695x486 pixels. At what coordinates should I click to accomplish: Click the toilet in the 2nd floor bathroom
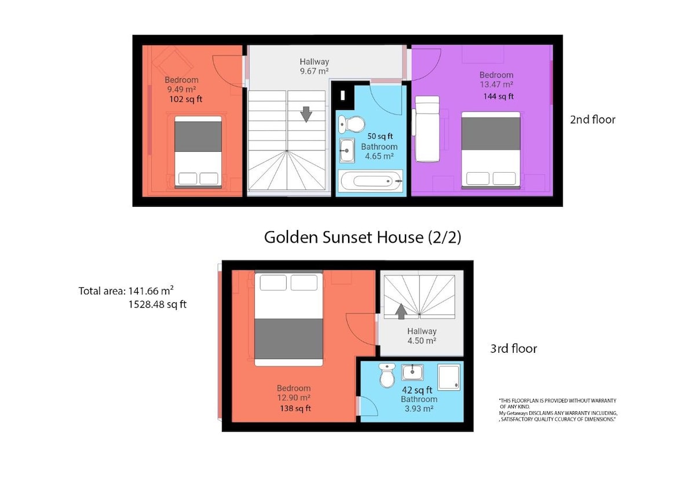point(352,124)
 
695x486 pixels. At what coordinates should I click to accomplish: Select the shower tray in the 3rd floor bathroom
point(449,377)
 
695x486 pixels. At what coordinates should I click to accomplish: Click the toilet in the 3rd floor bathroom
point(387,375)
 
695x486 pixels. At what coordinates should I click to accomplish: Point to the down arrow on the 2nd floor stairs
point(306,114)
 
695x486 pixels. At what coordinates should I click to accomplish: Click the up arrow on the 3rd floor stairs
point(401,311)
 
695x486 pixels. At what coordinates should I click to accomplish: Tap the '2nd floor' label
point(592,119)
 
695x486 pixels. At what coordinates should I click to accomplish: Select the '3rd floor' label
point(514,349)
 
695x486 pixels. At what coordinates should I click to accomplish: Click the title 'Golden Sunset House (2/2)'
point(363,237)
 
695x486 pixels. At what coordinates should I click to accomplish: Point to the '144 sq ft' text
point(498,97)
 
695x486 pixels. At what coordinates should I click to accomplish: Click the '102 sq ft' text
point(185,99)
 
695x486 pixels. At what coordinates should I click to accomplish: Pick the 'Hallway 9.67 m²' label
point(314,67)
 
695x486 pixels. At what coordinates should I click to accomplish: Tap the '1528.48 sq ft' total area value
point(158,305)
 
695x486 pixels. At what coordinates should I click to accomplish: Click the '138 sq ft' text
point(295,408)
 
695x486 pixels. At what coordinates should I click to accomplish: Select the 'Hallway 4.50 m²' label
point(422,336)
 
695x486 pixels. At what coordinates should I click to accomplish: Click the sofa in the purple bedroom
point(427,129)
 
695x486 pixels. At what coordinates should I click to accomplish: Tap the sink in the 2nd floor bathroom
point(347,151)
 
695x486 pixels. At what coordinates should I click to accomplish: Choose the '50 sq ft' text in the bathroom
point(380,136)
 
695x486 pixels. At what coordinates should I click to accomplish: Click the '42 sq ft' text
point(417,390)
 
